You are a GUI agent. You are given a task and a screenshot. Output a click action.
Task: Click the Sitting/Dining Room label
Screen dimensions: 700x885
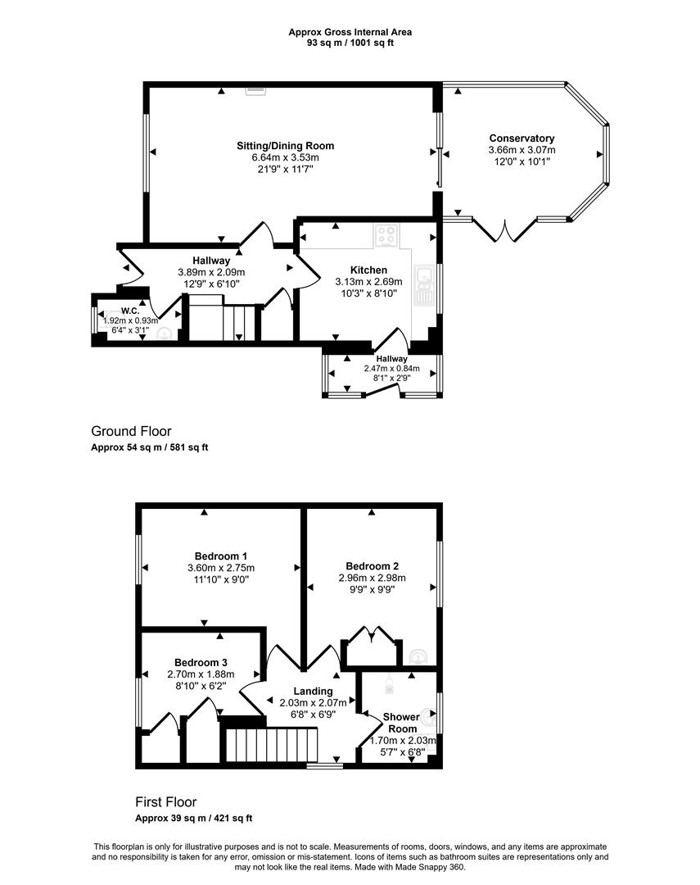coord(286,146)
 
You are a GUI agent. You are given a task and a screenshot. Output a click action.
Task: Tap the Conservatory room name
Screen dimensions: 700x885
coord(522,138)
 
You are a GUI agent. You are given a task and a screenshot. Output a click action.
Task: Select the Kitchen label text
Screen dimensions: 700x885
coord(369,270)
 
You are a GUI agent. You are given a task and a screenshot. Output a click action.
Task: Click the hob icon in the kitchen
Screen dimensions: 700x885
coord(387,236)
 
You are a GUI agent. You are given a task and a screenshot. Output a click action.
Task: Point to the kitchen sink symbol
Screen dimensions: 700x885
coord(423,284)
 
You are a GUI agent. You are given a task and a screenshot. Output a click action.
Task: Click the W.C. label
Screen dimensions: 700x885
coord(130,311)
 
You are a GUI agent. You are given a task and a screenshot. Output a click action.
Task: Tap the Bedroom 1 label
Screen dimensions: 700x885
coord(221,556)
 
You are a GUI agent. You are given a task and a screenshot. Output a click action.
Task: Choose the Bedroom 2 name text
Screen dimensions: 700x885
coord(373,566)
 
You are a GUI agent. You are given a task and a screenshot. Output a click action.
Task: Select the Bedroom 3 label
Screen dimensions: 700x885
coord(201,663)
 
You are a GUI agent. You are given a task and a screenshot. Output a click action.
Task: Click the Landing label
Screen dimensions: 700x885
coord(313,691)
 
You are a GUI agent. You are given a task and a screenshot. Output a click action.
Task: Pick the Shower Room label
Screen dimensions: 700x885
coord(402,723)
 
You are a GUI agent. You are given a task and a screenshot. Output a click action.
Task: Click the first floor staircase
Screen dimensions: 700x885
coord(272,745)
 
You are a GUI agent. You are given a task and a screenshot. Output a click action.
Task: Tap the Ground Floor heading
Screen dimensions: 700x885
coord(131,431)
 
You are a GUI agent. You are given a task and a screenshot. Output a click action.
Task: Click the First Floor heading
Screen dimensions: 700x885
coord(166,802)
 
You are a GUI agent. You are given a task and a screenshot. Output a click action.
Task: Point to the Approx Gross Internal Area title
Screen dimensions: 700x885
coord(350,32)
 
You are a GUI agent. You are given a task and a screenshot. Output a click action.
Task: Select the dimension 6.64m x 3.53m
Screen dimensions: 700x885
coord(286,157)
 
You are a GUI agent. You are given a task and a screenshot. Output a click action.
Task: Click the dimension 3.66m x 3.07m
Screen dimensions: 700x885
coord(522,150)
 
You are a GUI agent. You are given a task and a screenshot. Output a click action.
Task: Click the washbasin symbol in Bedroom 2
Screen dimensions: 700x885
coord(418,656)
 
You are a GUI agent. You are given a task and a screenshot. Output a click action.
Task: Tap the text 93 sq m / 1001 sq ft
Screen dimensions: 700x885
coord(350,43)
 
